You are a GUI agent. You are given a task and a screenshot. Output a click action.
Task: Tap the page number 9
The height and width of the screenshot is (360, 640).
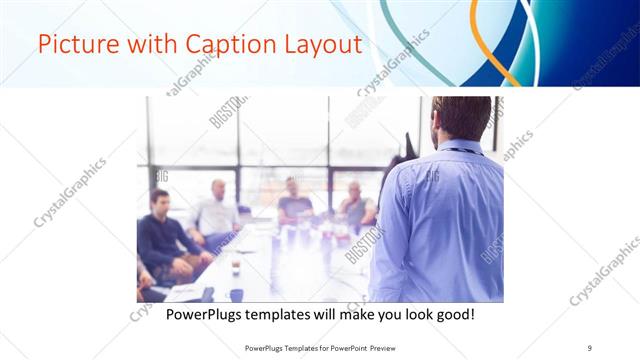pyautogui.click(x=589, y=347)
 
